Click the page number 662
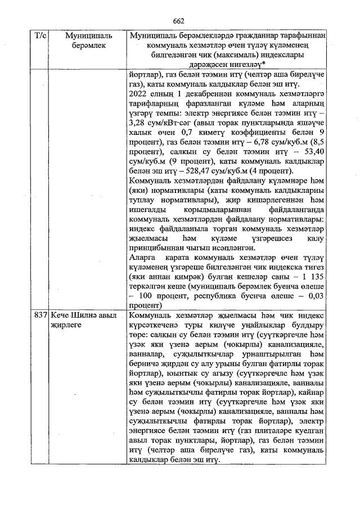179,21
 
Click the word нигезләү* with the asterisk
246,65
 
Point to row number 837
40,316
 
